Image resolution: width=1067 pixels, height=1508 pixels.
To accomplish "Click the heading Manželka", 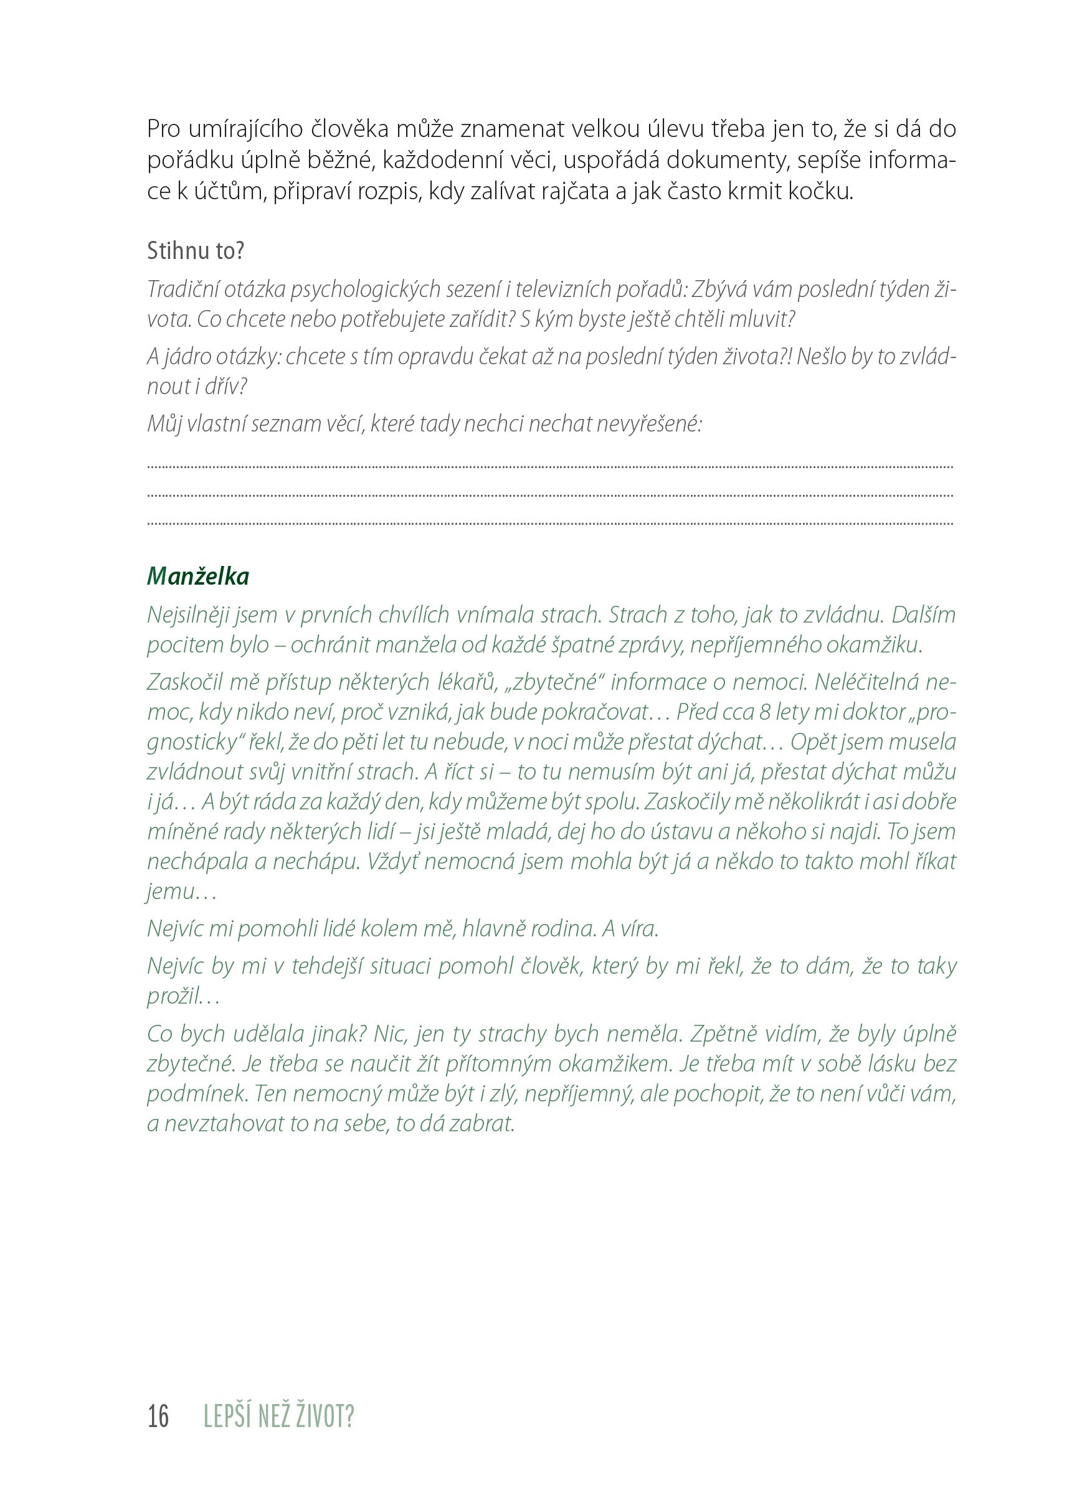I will [197, 576].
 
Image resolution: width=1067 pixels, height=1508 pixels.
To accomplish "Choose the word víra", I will [638, 928].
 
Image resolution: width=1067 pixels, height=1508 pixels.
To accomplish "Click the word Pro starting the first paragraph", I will [164, 129].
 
